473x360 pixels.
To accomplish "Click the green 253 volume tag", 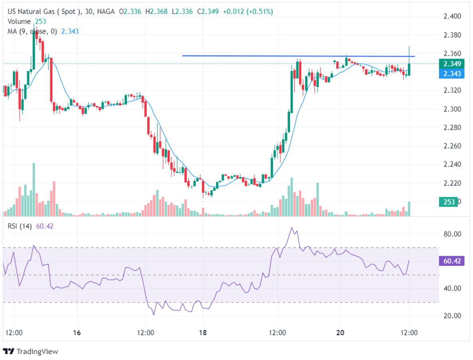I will tap(449, 202).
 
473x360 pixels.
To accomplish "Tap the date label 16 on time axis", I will tap(77, 332).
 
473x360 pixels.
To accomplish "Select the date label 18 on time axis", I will tap(203, 332).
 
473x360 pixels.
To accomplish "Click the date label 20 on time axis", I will tap(340, 332).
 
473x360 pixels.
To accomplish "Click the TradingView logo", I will tap(31, 352).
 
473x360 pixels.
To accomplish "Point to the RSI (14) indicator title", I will tap(20, 226).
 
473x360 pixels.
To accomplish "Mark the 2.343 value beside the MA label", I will tap(69, 31).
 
